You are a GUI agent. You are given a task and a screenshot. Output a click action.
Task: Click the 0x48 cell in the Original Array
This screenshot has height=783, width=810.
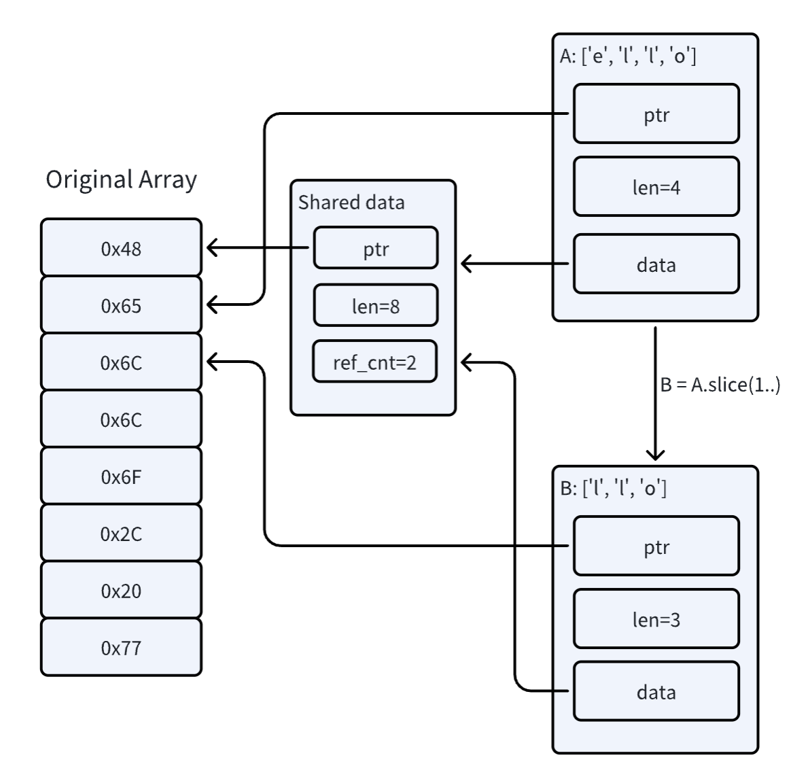point(121,249)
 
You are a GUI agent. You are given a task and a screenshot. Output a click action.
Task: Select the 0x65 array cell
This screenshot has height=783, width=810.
point(121,306)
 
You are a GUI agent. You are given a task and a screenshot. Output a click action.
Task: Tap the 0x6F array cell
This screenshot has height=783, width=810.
point(121,477)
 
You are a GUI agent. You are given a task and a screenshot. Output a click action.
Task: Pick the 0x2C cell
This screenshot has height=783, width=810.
point(121,534)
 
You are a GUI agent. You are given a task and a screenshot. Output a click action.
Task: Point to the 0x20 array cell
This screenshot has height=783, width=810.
point(121,591)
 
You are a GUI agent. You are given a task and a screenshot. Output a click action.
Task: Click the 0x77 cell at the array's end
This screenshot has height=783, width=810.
point(121,648)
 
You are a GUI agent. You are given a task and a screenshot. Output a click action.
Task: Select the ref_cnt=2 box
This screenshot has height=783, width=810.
point(374,362)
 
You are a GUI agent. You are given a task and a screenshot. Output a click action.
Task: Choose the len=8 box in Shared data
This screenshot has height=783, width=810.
point(375,307)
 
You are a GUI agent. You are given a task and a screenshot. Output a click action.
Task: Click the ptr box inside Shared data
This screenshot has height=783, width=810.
point(375,249)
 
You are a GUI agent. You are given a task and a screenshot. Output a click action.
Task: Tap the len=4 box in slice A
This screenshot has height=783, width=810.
point(656,187)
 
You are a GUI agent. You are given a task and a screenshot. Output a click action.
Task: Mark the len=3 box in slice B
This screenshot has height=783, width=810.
point(656,619)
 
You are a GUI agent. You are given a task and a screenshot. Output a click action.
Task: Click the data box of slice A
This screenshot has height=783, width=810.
point(656,264)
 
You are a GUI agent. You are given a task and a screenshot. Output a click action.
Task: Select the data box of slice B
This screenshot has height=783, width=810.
point(656,692)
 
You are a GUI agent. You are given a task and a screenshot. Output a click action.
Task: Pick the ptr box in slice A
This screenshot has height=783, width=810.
point(656,114)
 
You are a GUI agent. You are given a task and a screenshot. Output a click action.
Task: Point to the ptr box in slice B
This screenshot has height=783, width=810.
point(656,546)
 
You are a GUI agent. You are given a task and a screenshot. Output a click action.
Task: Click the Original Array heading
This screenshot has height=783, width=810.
point(121,179)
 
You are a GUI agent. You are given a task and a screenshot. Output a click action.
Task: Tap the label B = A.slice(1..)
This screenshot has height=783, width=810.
point(720,385)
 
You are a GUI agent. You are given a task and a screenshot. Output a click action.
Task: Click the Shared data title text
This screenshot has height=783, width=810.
point(351,203)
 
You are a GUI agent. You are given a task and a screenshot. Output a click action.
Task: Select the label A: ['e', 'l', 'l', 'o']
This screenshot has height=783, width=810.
point(628,56)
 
